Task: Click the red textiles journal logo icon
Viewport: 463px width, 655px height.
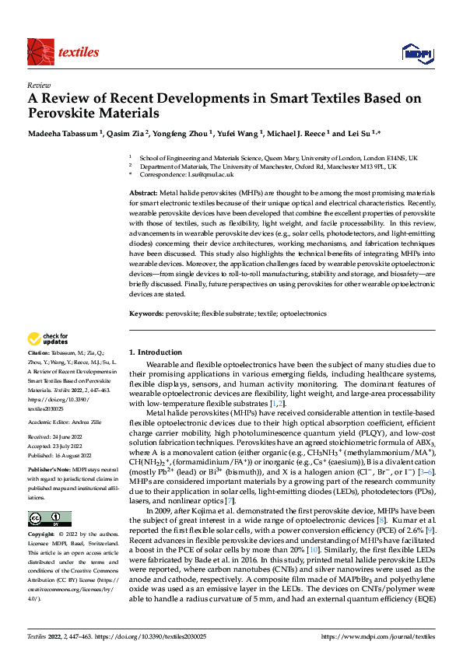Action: coord(40,51)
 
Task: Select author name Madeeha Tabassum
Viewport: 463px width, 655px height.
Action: coord(61,133)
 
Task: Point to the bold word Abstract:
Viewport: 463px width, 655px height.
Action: coord(143,192)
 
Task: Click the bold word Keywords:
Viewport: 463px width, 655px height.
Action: coord(146,313)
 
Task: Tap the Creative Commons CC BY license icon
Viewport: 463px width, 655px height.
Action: coord(49,519)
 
